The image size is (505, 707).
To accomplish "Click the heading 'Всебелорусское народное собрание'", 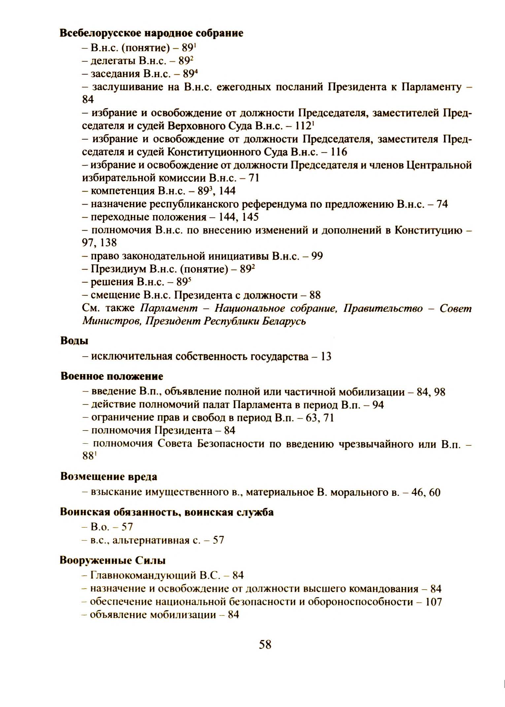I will tap(151, 33).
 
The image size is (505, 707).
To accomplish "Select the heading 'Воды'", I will tap(74, 341).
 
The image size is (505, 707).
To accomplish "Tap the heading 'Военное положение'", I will tap(112, 376).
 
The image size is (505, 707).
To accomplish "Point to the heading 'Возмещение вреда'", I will tap(109, 477).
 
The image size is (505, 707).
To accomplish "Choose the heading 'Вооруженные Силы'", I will tap(113, 561).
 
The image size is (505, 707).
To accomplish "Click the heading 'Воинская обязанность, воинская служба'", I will tap(167, 512).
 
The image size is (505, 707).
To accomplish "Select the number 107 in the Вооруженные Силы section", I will tap(433, 602).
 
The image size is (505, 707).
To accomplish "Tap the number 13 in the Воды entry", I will tap(326, 357).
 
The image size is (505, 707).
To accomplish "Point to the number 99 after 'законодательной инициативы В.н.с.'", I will tap(317, 256).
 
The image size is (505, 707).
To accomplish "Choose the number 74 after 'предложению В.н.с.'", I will tap(442, 204).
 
